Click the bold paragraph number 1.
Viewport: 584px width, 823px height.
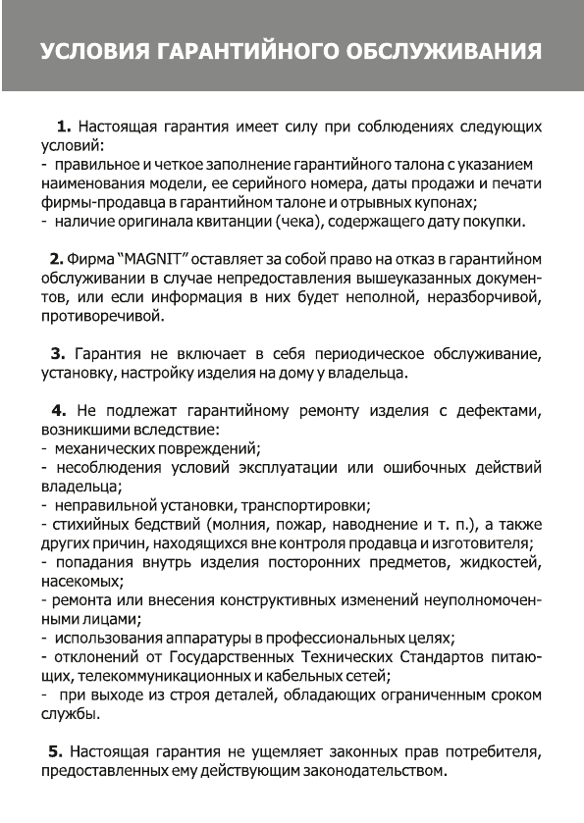click(64, 128)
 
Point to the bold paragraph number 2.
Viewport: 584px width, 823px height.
click(56, 258)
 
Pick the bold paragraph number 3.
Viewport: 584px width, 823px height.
click(57, 353)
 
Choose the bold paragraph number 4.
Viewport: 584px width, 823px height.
click(57, 410)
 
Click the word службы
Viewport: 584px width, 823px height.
click(69, 713)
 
